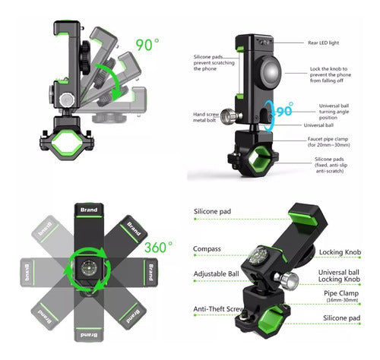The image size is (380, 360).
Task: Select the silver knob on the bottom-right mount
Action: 289,280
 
